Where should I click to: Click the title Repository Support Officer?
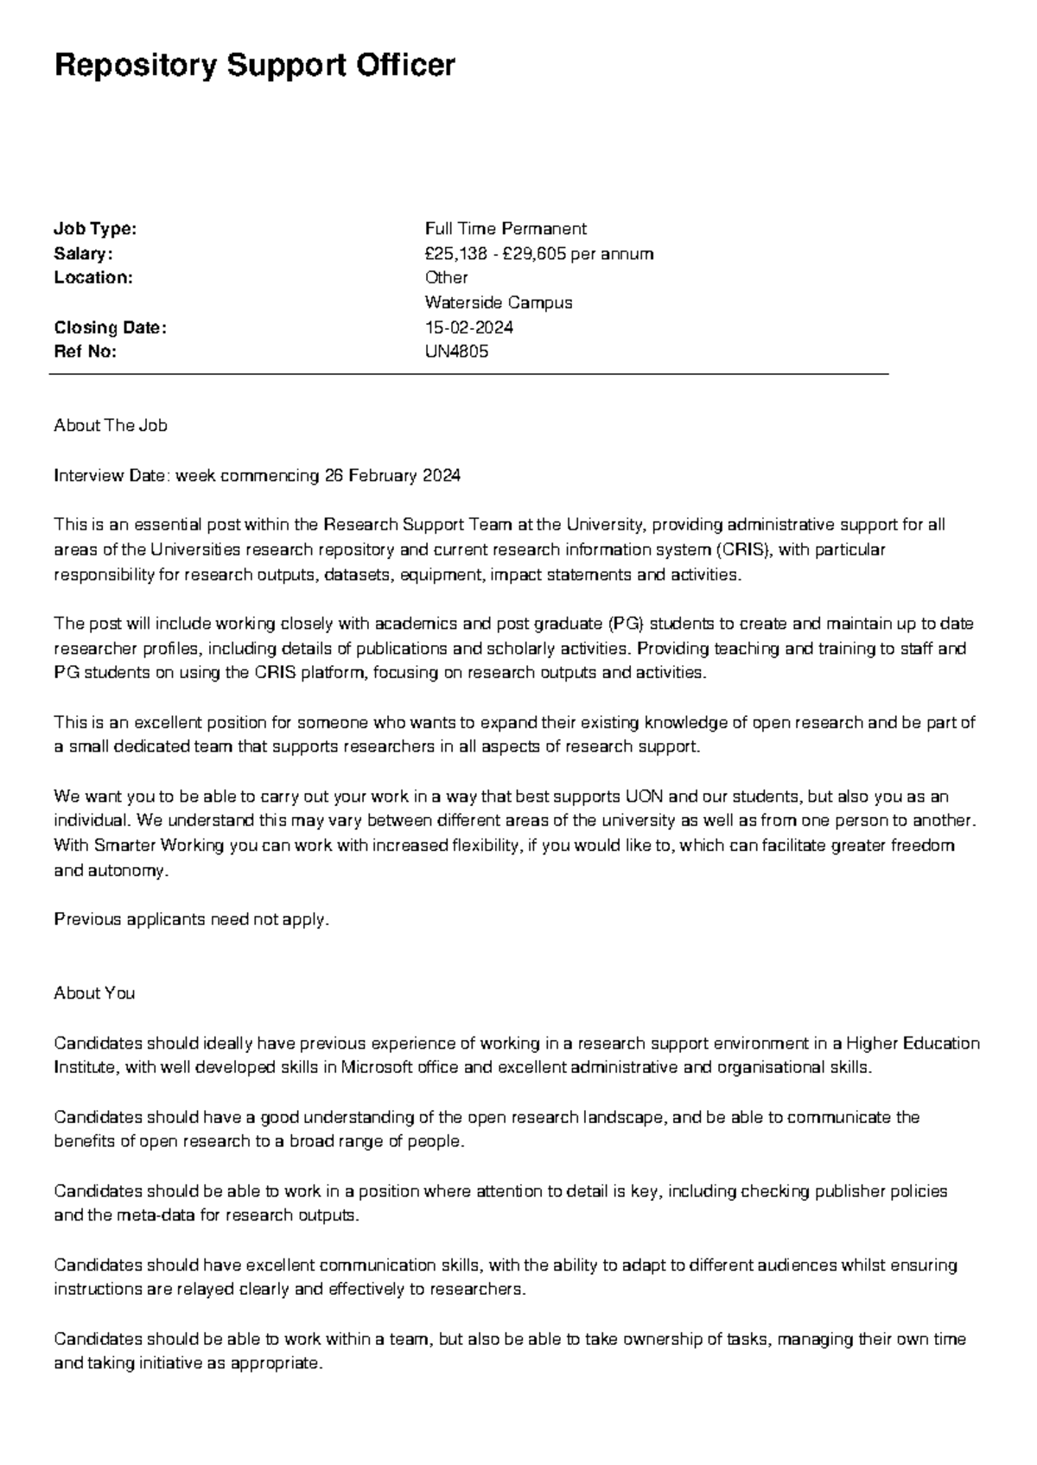(x=254, y=66)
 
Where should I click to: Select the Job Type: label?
(x=95, y=229)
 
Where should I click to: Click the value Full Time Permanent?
(x=506, y=229)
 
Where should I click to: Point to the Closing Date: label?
(x=110, y=327)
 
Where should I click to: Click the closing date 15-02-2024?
(x=468, y=327)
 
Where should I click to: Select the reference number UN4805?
(x=456, y=352)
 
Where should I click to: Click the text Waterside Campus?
(x=499, y=303)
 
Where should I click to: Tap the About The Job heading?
(x=111, y=425)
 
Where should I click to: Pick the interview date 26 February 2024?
(x=392, y=476)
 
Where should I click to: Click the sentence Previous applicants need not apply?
(x=192, y=919)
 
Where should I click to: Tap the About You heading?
(x=94, y=993)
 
